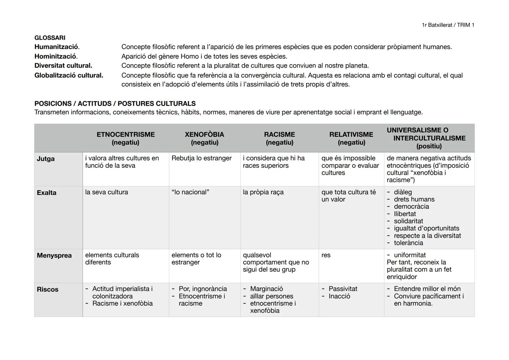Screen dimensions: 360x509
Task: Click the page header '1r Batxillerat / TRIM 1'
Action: tap(448, 25)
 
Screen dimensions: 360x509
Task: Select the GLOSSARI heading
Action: tap(50, 38)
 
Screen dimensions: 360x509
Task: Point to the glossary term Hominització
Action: tap(56, 56)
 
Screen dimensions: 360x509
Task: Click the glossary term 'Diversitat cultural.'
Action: tap(63, 66)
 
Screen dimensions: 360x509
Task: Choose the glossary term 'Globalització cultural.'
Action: tap(69, 75)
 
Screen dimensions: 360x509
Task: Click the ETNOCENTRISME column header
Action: tap(126, 138)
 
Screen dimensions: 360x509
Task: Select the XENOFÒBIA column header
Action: tap(204, 138)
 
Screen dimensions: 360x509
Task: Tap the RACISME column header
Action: tap(279, 138)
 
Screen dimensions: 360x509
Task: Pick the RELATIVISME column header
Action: tap(351, 138)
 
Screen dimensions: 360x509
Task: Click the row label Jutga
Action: tap(46, 159)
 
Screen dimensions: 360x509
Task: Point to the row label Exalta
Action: tap(47, 193)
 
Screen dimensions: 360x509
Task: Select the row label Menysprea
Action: tap(54, 256)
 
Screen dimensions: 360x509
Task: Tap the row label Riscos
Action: tap(47, 290)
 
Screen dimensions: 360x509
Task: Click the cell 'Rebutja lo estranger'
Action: tap(201, 158)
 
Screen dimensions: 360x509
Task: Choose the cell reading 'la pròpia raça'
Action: tap(263, 192)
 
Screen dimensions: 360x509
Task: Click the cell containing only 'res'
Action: tap(326, 255)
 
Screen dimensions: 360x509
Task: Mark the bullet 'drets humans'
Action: tap(414, 199)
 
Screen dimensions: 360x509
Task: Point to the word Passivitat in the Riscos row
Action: tap(343, 289)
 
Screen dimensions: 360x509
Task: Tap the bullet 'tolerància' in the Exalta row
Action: tap(408, 243)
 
